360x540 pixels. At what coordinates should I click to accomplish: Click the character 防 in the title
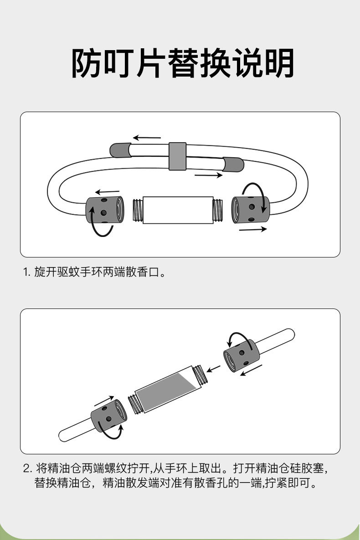[87, 64]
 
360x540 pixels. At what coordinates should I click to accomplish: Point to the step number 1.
[26, 273]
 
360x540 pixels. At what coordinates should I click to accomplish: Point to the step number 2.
[27, 468]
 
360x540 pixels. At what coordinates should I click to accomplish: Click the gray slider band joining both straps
[178, 156]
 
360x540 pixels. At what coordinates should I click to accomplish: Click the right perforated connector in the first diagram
[250, 209]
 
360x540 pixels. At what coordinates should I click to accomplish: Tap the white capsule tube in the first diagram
[178, 210]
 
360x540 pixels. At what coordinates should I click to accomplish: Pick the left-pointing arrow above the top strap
[147, 137]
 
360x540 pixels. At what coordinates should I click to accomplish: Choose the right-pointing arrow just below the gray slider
[208, 175]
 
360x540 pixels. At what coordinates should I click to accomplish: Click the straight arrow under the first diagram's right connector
[253, 229]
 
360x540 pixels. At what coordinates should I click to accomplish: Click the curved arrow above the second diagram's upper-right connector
[237, 338]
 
